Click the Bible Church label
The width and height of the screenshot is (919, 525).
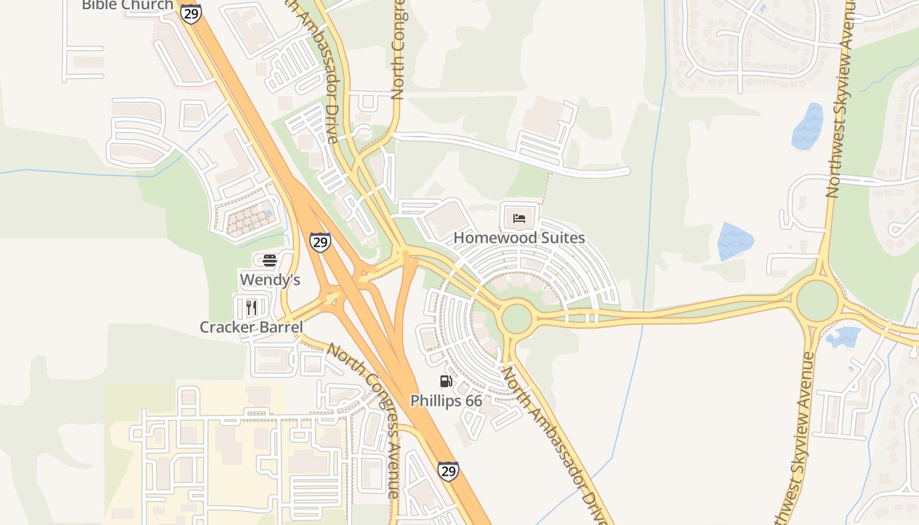(x=127, y=5)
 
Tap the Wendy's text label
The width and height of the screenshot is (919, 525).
(x=270, y=280)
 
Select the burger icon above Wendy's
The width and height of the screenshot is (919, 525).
(x=270, y=261)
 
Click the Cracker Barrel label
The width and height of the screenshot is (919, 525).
(x=251, y=327)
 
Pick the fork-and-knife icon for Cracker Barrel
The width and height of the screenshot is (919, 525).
(x=251, y=307)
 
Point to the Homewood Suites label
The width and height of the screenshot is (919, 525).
(x=519, y=238)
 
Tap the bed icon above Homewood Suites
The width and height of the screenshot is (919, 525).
(x=519, y=218)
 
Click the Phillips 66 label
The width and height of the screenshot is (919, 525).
(x=446, y=400)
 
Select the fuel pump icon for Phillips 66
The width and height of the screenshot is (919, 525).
(x=446, y=381)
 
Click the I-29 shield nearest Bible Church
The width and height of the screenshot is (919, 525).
(x=191, y=13)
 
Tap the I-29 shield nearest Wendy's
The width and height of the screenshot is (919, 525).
(x=320, y=242)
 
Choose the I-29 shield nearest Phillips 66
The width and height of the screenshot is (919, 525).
(x=448, y=471)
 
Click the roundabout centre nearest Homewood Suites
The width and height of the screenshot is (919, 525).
(x=517, y=318)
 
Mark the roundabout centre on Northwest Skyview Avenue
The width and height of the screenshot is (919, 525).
(x=817, y=301)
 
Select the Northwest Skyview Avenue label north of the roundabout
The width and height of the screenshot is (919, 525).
(x=842, y=98)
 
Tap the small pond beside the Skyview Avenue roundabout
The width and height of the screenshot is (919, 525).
(x=843, y=337)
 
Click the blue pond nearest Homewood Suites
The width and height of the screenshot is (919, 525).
(x=735, y=241)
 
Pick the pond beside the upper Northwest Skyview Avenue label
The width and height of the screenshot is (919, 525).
(x=807, y=126)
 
